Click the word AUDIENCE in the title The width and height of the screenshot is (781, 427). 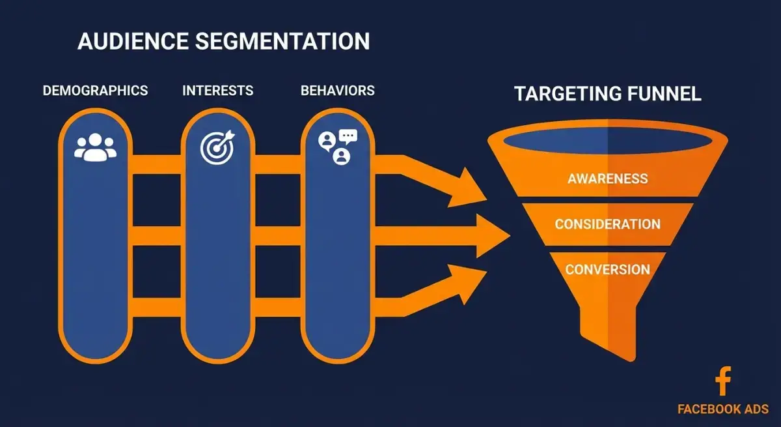(133, 41)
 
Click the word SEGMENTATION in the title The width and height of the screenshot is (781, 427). (282, 41)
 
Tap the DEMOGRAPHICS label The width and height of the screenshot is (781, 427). (95, 91)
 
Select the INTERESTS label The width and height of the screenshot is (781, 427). (218, 91)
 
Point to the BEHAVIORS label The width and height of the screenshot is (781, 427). (338, 91)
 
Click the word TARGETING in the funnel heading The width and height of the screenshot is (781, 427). (568, 94)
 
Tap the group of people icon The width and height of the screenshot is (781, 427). (95, 147)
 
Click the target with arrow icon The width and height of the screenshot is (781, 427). (217, 147)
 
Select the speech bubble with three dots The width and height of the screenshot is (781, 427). (348, 136)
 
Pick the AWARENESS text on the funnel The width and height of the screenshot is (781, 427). (608, 179)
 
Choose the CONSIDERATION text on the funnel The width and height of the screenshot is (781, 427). (608, 224)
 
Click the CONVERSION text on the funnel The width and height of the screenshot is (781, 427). (608, 269)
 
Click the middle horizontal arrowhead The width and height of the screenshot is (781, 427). (491, 236)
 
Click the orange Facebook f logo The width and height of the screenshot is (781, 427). (723, 381)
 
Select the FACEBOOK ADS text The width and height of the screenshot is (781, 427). (723, 409)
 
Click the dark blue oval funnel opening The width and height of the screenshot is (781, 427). (608, 141)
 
